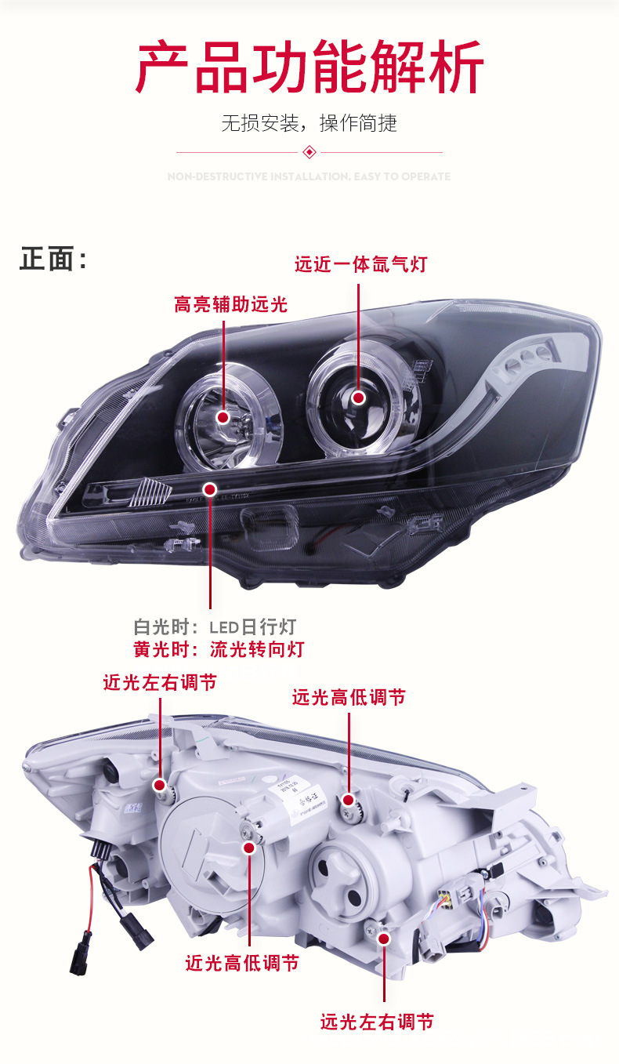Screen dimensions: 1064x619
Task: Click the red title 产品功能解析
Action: click(x=309, y=69)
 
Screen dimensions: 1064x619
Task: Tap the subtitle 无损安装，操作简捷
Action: click(x=309, y=123)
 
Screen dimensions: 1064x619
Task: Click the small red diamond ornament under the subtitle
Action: click(x=309, y=151)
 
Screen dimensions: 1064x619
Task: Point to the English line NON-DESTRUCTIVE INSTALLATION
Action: click(x=309, y=176)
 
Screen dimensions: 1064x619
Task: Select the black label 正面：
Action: click(x=53, y=259)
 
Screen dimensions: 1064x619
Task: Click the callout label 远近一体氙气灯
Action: click(x=360, y=263)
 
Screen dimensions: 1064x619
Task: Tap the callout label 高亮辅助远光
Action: click(x=230, y=304)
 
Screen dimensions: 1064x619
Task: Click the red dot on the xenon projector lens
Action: click(x=359, y=398)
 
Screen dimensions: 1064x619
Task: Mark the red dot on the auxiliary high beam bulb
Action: click(x=223, y=418)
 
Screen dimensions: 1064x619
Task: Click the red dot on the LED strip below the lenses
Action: click(x=209, y=489)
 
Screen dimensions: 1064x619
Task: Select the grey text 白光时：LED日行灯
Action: click(x=215, y=627)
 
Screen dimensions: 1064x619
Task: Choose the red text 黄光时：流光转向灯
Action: click(x=219, y=649)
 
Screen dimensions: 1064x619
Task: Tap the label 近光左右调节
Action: click(x=160, y=682)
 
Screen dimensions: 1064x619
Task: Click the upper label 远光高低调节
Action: click(x=349, y=697)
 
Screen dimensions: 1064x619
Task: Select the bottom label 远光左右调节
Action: click(x=377, y=1022)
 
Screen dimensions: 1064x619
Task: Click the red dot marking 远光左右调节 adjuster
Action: click(x=383, y=938)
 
